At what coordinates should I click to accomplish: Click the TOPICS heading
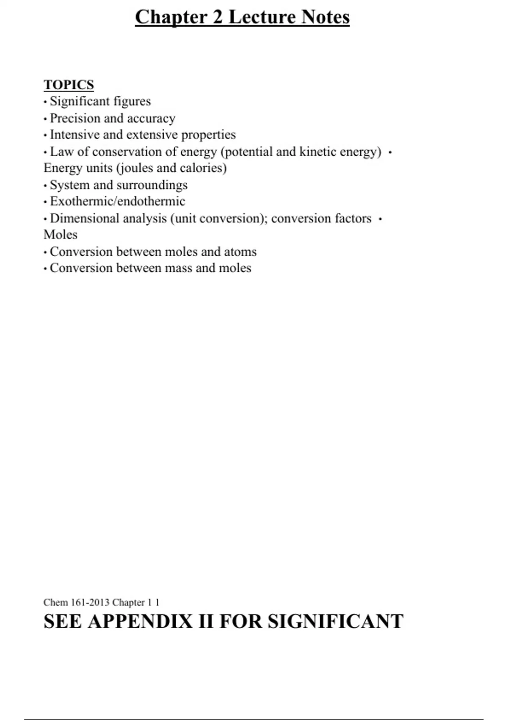click(69, 85)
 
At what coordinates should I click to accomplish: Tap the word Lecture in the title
click(262, 17)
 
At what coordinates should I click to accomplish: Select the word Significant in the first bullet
click(80, 101)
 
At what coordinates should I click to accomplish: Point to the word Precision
click(75, 118)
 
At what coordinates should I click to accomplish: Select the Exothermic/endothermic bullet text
click(117, 201)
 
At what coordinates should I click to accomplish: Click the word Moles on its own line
click(61, 235)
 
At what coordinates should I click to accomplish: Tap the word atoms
click(240, 252)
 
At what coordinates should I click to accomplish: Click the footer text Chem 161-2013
click(76, 602)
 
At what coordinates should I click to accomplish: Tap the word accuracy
click(151, 119)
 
